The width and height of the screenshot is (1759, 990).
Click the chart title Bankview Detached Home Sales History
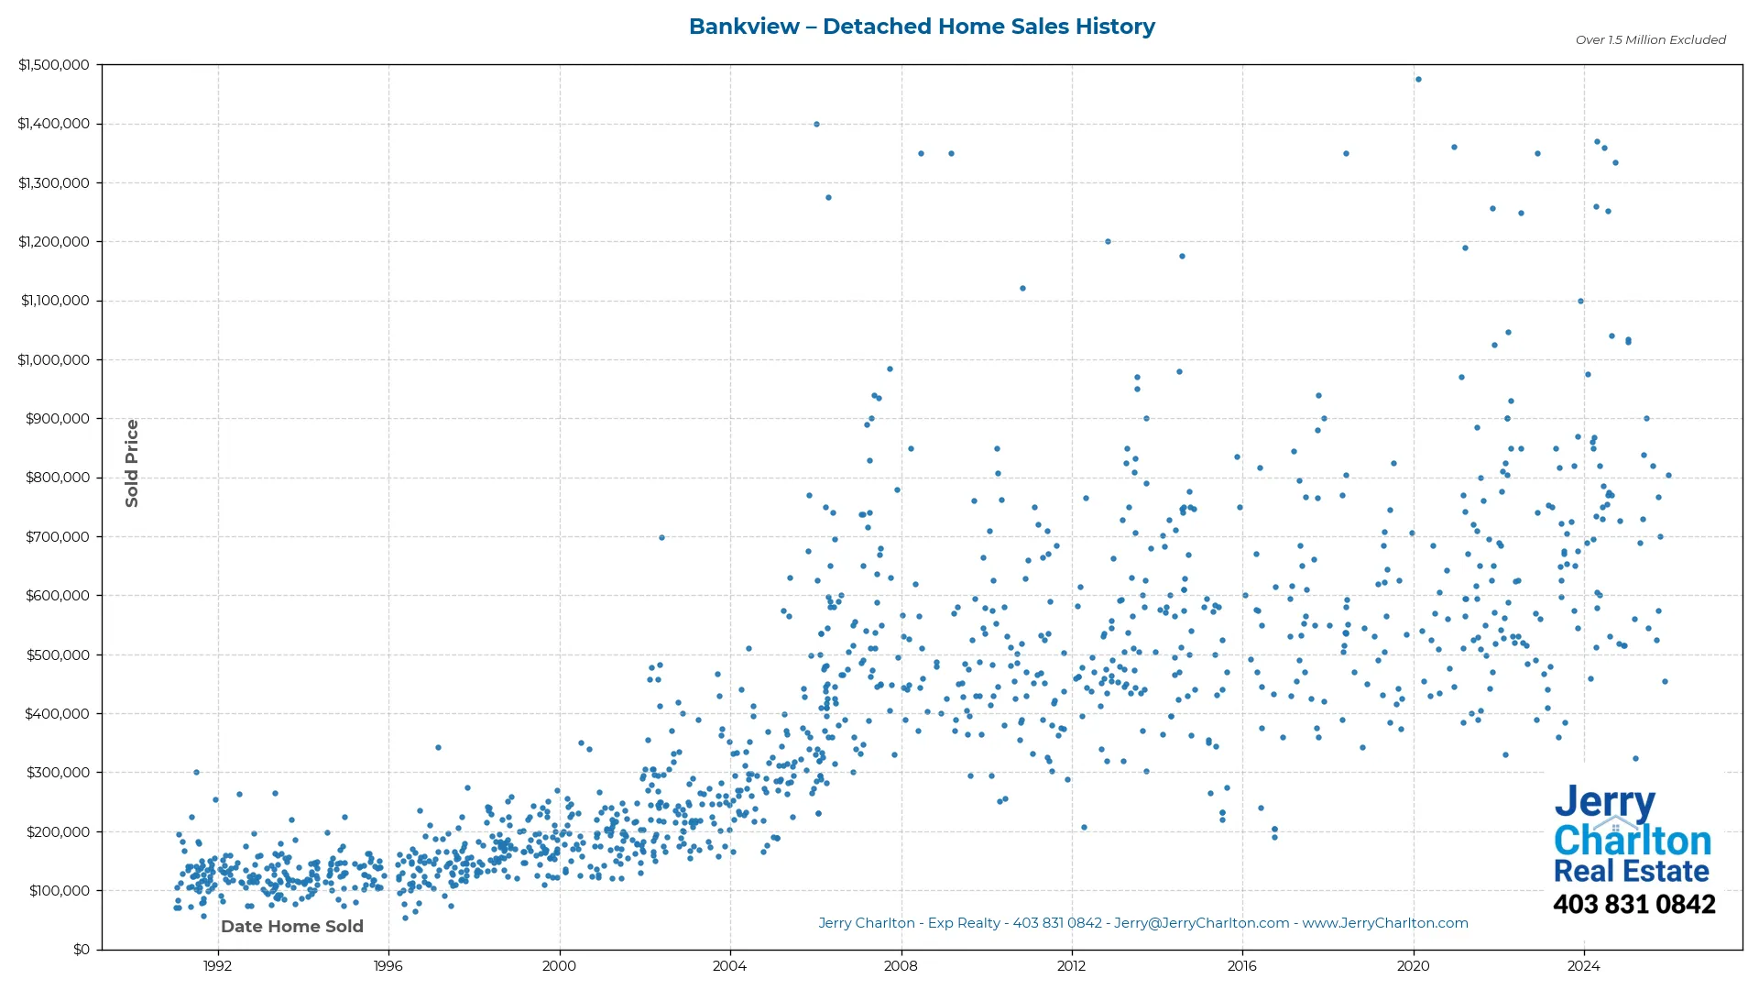click(922, 27)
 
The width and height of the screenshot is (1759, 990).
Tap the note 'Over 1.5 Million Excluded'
click(1650, 40)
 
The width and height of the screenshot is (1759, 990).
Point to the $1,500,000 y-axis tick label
click(53, 65)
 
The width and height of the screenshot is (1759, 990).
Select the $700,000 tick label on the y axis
click(57, 537)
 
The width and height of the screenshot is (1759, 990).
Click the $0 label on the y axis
click(82, 950)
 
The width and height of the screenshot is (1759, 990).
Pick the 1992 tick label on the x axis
click(217, 966)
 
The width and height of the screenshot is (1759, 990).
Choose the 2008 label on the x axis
click(901, 966)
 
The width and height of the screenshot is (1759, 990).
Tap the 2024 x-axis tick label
click(1584, 966)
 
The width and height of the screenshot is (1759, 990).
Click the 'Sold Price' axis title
click(132, 463)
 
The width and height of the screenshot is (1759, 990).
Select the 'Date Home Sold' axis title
click(292, 927)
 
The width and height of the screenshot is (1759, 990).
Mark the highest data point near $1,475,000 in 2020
click(1418, 80)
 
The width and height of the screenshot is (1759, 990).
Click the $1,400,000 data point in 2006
click(816, 125)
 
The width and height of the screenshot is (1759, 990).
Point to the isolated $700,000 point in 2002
click(661, 538)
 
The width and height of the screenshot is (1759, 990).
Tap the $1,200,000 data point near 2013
click(1108, 242)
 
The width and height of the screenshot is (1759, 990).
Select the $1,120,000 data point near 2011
click(1022, 289)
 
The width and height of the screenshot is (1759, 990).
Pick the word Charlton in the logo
click(1632, 841)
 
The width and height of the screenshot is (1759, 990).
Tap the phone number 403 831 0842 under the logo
click(1633, 905)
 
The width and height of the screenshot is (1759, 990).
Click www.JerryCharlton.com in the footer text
click(1385, 924)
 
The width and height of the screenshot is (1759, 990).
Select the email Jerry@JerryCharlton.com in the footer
click(1201, 924)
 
